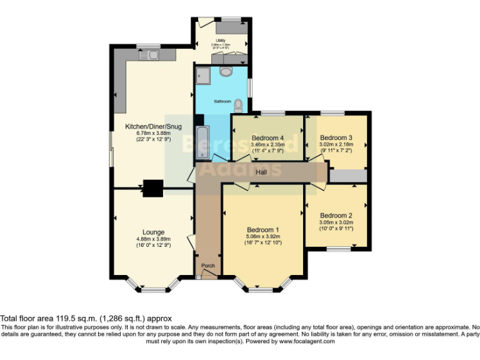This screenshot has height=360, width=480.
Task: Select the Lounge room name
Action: pyautogui.click(x=153, y=232)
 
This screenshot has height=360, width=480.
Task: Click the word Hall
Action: pyautogui.click(x=261, y=172)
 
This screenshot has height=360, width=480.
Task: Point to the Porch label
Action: pyautogui.click(x=208, y=266)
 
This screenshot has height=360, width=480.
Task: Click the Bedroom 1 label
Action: pyautogui.click(x=263, y=229)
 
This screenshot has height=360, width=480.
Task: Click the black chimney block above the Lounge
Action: pyautogui.click(x=152, y=187)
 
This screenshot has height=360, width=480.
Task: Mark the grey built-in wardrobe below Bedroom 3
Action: pyautogui.click(x=348, y=176)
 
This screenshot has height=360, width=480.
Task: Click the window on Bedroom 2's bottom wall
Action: pyautogui.click(x=337, y=249)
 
